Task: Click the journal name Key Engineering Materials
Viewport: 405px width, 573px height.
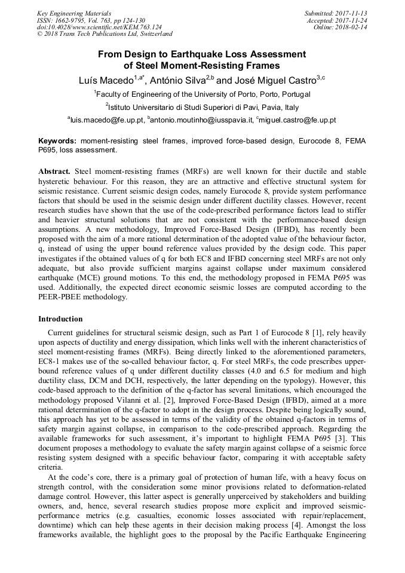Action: (x=73, y=13)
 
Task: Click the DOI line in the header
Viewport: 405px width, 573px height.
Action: (x=99, y=27)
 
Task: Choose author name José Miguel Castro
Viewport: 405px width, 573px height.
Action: (x=271, y=79)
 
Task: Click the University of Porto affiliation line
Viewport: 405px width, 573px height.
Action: (x=202, y=94)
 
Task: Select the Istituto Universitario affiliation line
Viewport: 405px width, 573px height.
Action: (x=202, y=107)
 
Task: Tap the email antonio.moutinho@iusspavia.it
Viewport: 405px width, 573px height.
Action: (x=201, y=120)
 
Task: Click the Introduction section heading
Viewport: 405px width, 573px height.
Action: (x=60, y=319)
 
